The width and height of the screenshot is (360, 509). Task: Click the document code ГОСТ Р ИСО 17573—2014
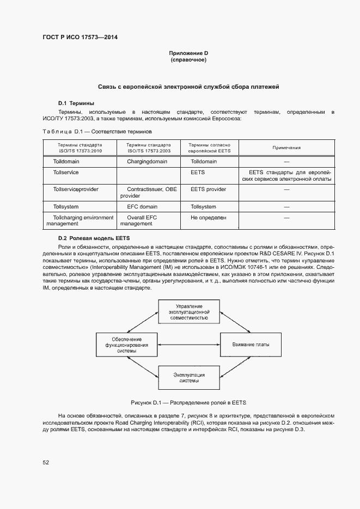(x=80, y=38)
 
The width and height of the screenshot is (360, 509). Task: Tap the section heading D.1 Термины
(x=76, y=103)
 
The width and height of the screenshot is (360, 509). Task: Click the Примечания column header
(x=287, y=148)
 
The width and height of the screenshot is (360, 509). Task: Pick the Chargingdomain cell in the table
(x=149, y=162)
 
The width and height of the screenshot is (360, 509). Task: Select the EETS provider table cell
(x=208, y=189)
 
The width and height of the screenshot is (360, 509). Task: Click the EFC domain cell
(x=142, y=207)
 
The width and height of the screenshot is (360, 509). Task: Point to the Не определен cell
(x=208, y=217)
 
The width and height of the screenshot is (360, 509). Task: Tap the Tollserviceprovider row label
(x=76, y=189)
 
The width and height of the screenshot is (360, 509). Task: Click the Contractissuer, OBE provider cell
(x=148, y=192)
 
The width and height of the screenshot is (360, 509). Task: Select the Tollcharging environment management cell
(x=80, y=220)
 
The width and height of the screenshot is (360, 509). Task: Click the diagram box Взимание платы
(x=250, y=345)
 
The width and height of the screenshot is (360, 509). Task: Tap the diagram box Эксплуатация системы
(x=188, y=378)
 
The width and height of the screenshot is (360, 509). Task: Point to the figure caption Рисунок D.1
(x=188, y=403)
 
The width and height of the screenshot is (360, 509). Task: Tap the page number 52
(x=46, y=462)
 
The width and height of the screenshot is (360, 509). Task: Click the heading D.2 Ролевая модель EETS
(x=94, y=238)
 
